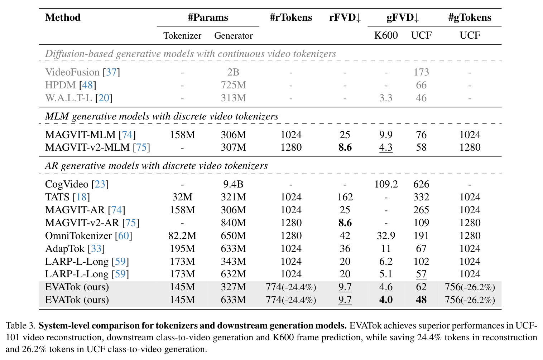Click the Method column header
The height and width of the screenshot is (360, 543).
pyautogui.click(x=63, y=18)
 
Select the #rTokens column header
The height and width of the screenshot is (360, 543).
pyautogui.click(x=291, y=18)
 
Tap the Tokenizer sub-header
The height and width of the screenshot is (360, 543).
pyautogui.click(x=182, y=36)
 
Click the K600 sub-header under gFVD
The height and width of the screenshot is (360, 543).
pyautogui.click(x=386, y=35)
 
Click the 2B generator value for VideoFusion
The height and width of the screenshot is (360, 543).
pyautogui.click(x=233, y=72)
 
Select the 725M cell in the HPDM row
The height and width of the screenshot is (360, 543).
pyautogui.click(x=233, y=85)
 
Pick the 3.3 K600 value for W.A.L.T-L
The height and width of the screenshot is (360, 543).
pyautogui.click(x=386, y=98)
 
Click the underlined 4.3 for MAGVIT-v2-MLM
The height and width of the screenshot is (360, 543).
pyautogui.click(x=386, y=147)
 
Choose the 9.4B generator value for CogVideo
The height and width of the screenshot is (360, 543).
pyautogui.click(x=233, y=184)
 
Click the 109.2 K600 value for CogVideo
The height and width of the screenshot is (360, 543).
pyautogui.click(x=386, y=184)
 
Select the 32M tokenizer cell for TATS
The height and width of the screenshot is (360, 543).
pyautogui.click(x=182, y=197)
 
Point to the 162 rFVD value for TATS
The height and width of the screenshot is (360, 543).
pyautogui.click(x=345, y=197)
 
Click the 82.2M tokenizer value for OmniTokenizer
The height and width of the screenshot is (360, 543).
pyautogui.click(x=182, y=235)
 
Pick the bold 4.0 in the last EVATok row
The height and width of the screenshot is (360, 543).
pyautogui.click(x=386, y=300)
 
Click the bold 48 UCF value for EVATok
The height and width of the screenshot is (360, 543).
pyautogui.click(x=421, y=300)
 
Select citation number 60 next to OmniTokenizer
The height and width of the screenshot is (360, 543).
pyautogui.click(x=123, y=235)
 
